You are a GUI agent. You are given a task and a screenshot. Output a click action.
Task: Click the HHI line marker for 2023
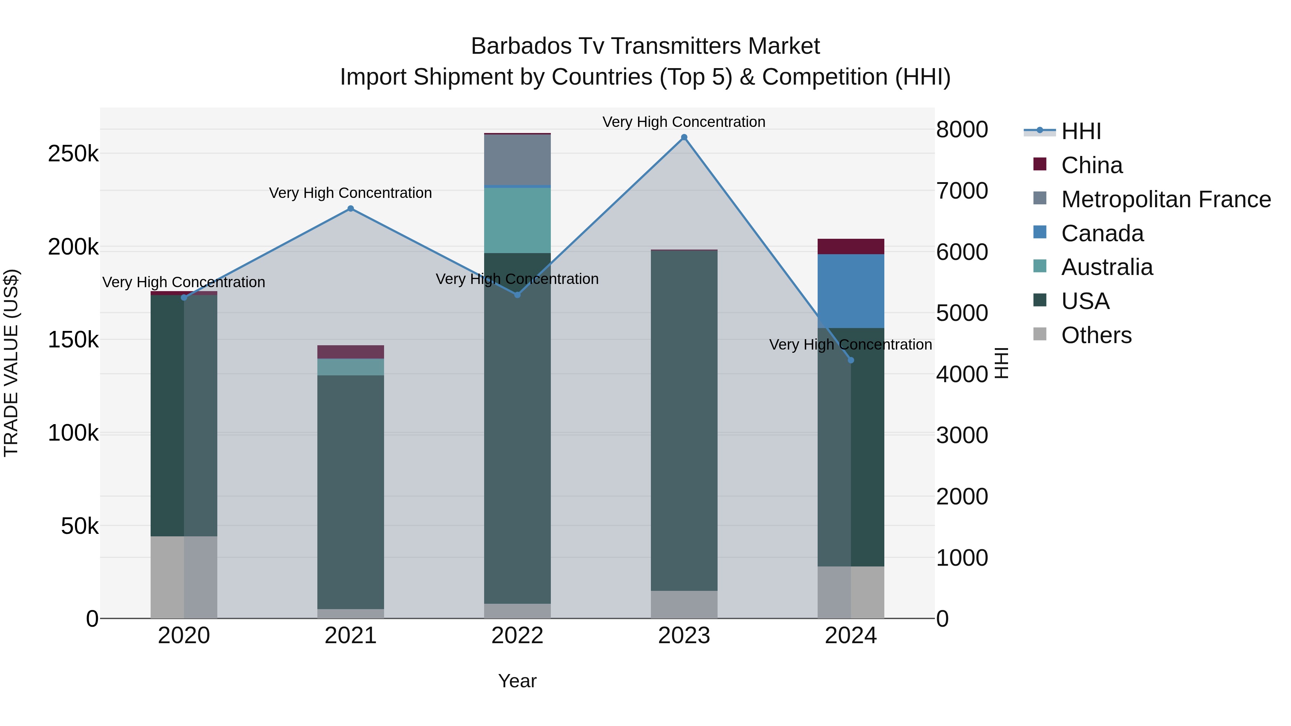684,137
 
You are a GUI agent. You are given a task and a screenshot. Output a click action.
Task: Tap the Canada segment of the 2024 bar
851,291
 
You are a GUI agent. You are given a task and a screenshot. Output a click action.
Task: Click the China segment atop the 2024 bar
851,247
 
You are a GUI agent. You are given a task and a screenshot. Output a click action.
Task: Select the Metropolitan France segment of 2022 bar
517,160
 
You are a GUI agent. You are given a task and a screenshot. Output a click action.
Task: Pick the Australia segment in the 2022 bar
517,220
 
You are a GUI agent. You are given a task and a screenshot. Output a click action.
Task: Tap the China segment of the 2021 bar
350,352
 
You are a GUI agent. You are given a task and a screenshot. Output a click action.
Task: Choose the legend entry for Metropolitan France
1166,199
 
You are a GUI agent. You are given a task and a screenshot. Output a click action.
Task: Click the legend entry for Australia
1107,267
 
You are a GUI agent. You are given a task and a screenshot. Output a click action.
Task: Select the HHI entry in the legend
1080,131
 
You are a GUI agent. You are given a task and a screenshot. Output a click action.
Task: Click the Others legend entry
1096,335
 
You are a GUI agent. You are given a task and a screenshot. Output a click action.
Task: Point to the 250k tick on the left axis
73,154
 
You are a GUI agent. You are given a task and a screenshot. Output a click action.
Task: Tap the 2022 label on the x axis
517,636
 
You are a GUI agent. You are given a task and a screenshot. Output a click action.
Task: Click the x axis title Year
517,681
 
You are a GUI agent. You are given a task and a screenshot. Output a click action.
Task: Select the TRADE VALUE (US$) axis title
11,363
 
